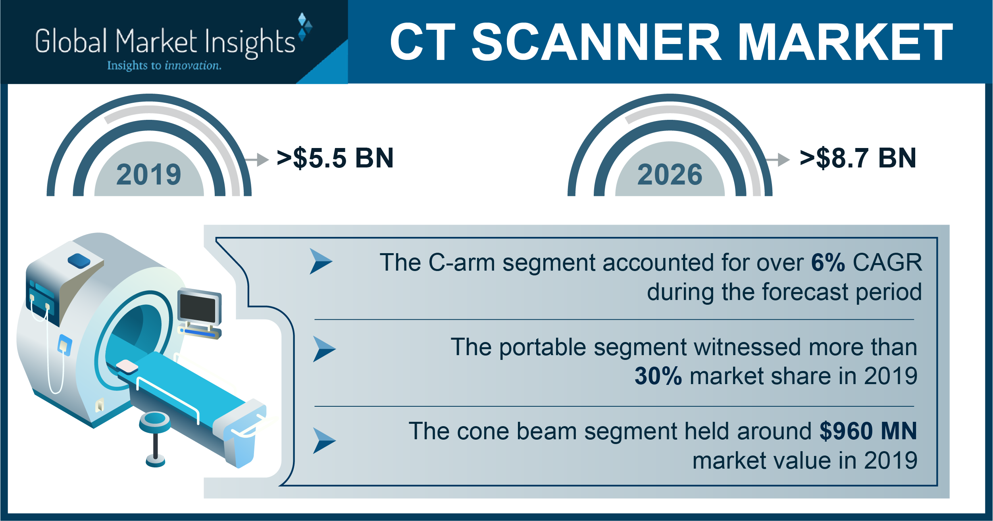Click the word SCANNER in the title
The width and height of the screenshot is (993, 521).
pos(597,42)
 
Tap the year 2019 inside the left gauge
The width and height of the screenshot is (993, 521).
pos(149,175)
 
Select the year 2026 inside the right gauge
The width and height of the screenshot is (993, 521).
pos(670,175)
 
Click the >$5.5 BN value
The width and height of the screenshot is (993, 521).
pos(335,158)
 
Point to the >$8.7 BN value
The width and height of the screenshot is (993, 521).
pos(858,158)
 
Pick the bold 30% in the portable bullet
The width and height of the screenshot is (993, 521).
pos(658,376)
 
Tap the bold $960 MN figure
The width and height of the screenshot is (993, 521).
pos(868,431)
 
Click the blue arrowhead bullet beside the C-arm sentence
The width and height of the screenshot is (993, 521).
pos(321,261)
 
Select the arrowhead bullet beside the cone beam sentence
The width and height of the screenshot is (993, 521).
pos(324,440)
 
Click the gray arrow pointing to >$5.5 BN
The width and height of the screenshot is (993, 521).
pos(257,160)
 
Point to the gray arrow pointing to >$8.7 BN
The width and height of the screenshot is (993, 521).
pos(777,160)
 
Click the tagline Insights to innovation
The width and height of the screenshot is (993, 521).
pos(164,65)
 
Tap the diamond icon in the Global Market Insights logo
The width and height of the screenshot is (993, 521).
pos(305,27)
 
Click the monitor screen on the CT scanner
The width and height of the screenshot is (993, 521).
pos(198,308)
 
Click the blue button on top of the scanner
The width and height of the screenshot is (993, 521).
pos(79,260)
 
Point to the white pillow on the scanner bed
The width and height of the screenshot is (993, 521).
pos(127,366)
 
